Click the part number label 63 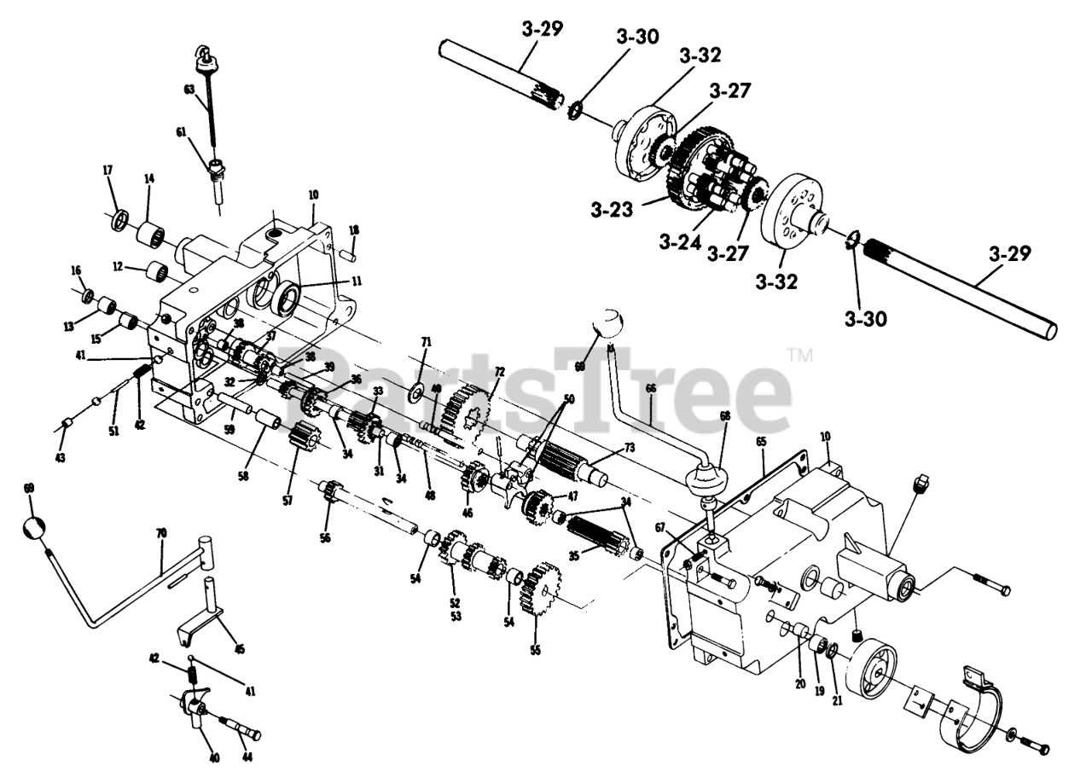(x=189, y=89)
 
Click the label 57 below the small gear (x=288, y=501)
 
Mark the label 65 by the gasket (x=761, y=443)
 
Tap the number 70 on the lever (x=162, y=533)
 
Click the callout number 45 (x=239, y=649)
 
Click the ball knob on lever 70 (x=32, y=528)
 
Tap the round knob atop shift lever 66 (x=609, y=325)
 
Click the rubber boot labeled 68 (x=707, y=483)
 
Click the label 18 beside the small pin (x=354, y=230)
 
